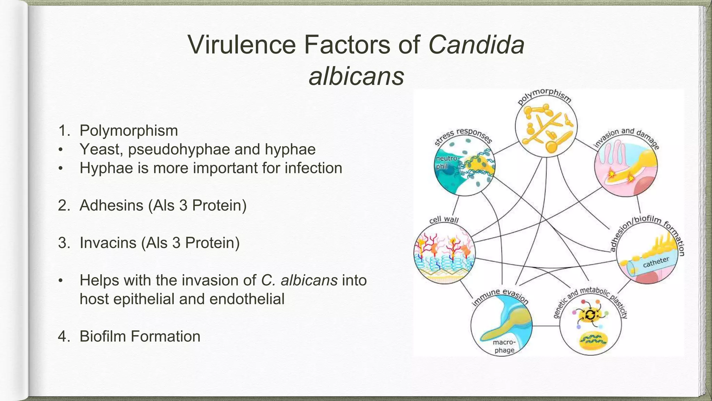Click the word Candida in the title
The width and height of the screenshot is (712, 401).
pyautogui.click(x=476, y=45)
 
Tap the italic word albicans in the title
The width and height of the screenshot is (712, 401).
pyautogui.click(x=356, y=76)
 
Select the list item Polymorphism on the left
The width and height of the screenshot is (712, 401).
pyautogui.click(x=129, y=131)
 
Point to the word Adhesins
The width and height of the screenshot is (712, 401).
pyautogui.click(x=111, y=205)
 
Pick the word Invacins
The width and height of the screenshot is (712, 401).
pyautogui.click(x=108, y=243)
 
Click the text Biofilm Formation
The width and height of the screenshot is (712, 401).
pyautogui.click(x=140, y=336)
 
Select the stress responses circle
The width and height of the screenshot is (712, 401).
pyautogui.click(x=465, y=166)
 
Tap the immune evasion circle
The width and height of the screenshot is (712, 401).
pyautogui.click(x=501, y=326)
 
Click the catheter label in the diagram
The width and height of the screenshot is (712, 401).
pyautogui.click(x=656, y=262)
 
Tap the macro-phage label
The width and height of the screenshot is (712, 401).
pyautogui.click(x=504, y=346)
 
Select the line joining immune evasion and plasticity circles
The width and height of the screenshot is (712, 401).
pyautogui.click(x=546, y=326)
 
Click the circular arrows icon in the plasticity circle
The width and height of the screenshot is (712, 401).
pyautogui.click(x=590, y=315)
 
